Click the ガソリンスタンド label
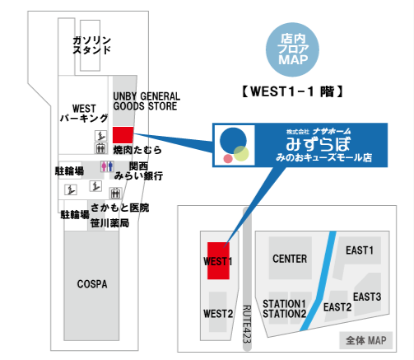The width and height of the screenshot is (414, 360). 91,45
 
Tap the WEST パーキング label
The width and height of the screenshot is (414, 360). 84,113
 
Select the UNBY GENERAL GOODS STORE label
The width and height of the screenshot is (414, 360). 147,101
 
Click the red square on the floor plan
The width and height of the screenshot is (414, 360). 123,135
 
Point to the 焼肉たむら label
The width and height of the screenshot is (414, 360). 137,150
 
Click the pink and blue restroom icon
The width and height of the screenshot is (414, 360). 107,166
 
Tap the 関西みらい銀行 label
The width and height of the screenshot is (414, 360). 138,171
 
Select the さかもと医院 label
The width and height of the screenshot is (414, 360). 119,208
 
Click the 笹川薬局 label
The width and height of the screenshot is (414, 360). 109,223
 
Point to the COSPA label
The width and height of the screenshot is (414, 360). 92,284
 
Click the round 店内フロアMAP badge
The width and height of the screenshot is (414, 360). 292,49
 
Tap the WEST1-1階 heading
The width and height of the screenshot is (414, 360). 292,91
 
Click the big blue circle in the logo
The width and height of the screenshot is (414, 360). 233,141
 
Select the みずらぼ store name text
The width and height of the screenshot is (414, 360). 319,143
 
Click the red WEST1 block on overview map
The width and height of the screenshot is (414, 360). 218,261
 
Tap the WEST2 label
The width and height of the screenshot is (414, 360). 218,314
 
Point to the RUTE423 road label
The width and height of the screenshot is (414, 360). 247,324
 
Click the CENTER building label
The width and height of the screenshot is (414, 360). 290,259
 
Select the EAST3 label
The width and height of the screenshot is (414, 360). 367,297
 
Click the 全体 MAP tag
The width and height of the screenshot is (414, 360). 366,340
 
